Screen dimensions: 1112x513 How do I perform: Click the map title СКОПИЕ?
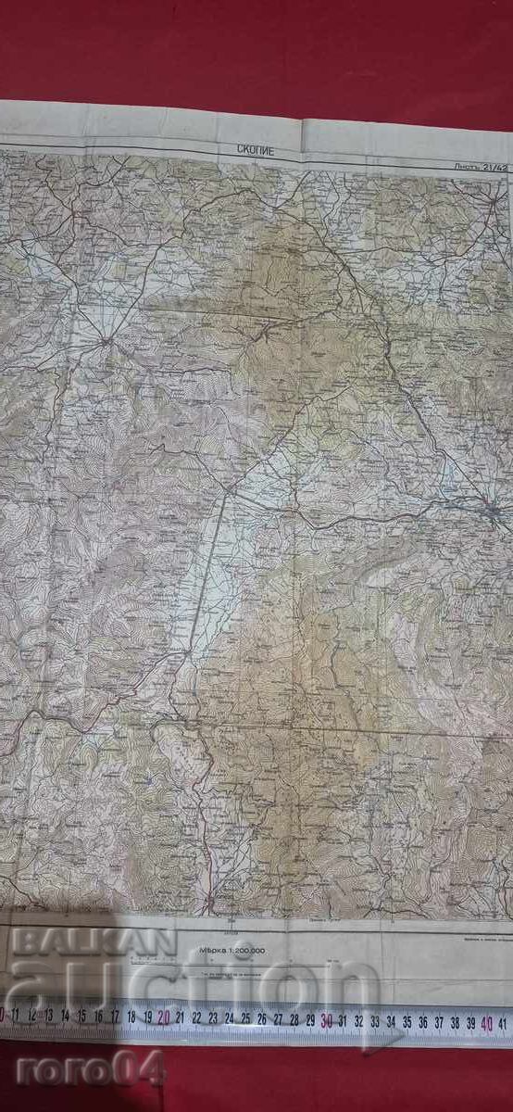[256, 150]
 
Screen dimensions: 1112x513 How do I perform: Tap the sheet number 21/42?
[482, 167]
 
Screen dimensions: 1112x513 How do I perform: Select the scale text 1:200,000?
[231, 950]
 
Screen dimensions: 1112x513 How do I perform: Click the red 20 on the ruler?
[164, 1017]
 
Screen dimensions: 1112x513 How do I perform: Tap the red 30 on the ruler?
[327, 1021]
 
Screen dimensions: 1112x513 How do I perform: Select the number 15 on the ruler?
[81, 1017]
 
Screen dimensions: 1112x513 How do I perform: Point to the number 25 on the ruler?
[245, 1019]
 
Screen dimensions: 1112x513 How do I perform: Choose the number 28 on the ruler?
[294, 1020]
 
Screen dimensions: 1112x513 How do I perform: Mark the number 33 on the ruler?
[375, 1021]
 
